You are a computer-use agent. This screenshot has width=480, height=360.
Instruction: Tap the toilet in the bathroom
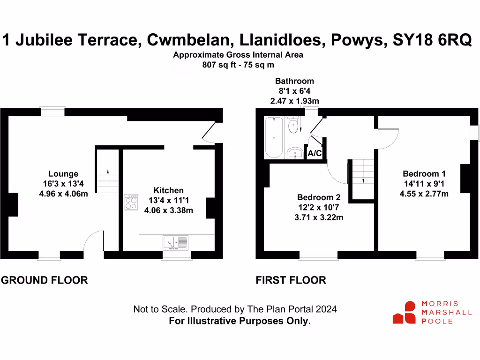(294, 125)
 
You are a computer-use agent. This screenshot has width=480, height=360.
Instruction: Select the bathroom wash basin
(294, 152)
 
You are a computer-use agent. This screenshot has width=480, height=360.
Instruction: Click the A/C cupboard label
(314, 153)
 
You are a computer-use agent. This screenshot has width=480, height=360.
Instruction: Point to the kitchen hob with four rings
(131, 202)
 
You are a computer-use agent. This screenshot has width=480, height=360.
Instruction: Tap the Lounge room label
(63, 174)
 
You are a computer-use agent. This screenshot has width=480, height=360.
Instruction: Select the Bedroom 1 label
(424, 174)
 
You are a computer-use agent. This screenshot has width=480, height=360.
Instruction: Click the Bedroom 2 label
(319, 197)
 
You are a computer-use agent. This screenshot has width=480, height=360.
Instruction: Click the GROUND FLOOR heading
(45, 280)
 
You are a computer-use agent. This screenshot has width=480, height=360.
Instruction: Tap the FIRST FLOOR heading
(291, 280)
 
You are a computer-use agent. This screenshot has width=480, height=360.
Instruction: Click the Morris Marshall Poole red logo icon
(405, 313)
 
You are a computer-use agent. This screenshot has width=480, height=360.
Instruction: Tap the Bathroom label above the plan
(294, 81)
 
